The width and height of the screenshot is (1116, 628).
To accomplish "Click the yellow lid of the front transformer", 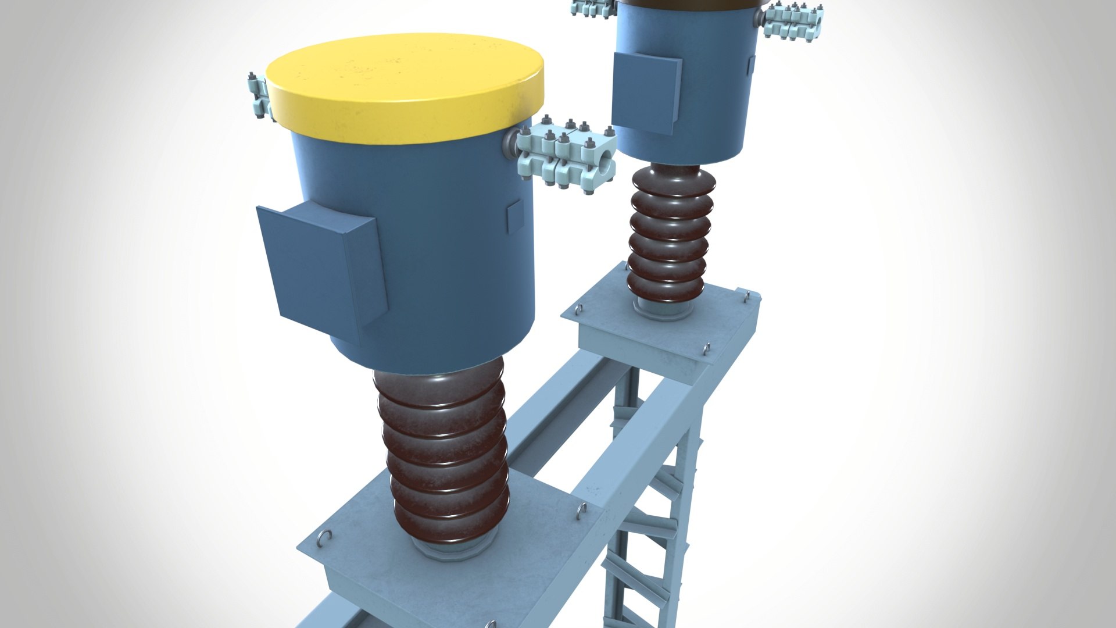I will click(x=405, y=87).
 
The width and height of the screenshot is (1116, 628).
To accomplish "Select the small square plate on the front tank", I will click(x=514, y=216).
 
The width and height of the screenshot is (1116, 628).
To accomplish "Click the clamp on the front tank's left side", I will click(x=259, y=99).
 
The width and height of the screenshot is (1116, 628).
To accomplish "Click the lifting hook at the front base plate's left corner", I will click(x=326, y=537).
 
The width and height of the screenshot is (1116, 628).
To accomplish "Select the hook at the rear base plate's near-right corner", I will click(x=706, y=348).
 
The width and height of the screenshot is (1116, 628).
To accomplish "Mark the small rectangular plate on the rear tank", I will click(x=750, y=65).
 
